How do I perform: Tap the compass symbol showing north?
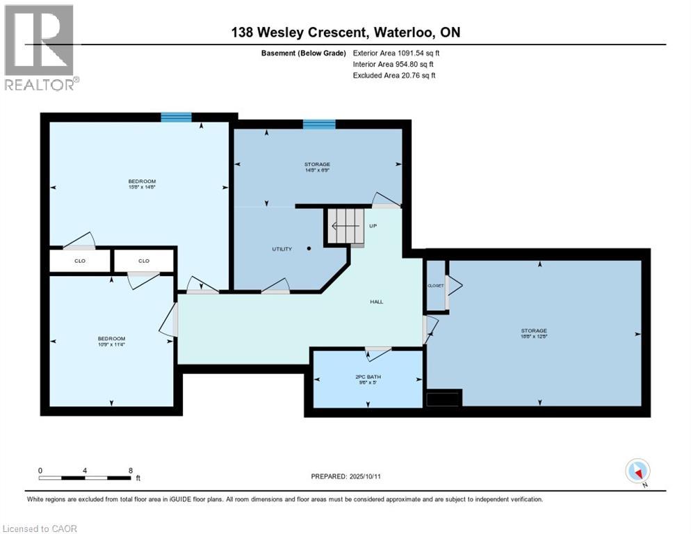(637, 471)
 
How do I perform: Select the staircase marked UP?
(345, 227)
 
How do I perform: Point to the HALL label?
(376, 301)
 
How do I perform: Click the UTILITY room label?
(282, 249)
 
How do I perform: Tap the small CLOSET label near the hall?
(434, 286)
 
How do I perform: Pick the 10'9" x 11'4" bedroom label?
(111, 341)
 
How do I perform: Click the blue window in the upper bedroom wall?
(176, 118)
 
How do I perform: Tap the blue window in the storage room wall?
(319, 124)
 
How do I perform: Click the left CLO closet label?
(79, 261)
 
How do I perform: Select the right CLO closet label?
(143, 261)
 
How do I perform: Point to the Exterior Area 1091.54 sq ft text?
(396, 53)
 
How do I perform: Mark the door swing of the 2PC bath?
(378, 353)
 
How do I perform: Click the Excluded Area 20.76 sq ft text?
(393, 75)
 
